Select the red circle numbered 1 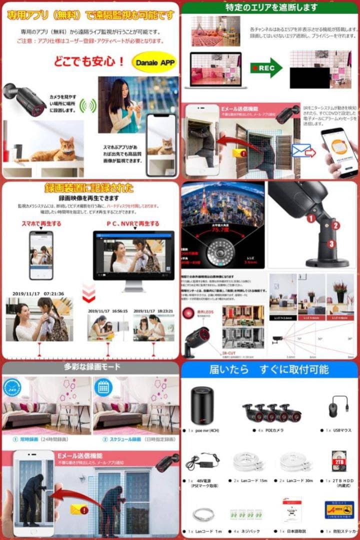click(310, 218)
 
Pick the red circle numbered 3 click(331, 244)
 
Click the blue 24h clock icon click(12, 388)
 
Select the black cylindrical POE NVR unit click(202, 405)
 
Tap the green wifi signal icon click(88, 105)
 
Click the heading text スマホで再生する click(41, 223)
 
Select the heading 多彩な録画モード click(90, 367)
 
